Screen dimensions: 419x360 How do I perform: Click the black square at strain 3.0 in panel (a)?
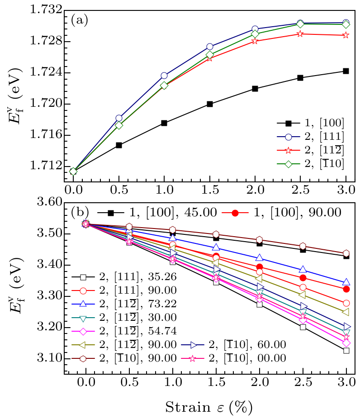coord(346,71)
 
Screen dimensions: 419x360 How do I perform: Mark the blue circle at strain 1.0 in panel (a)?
coord(164,76)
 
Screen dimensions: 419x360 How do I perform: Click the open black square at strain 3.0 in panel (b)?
coord(346,351)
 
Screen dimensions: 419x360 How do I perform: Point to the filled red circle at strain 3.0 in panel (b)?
coord(346,289)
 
